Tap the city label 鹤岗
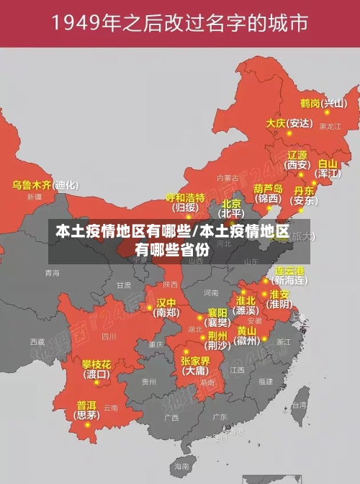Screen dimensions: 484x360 click(310, 103)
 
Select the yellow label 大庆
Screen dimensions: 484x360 click(276, 123)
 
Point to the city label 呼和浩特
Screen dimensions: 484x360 click(186, 197)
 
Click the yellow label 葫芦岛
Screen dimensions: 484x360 click(268, 188)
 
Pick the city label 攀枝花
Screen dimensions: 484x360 click(96, 364)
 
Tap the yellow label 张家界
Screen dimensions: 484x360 click(195, 361)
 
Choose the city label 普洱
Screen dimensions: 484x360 click(86, 404)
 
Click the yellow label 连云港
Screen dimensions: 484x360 click(290, 271)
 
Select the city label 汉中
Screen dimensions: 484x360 click(166, 302)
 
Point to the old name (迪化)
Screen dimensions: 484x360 click(66, 185)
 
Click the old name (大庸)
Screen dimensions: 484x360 click(195, 371)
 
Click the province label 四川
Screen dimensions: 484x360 click(109, 336)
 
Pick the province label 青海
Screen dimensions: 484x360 click(52, 273)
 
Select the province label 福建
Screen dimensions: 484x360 click(266, 381)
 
